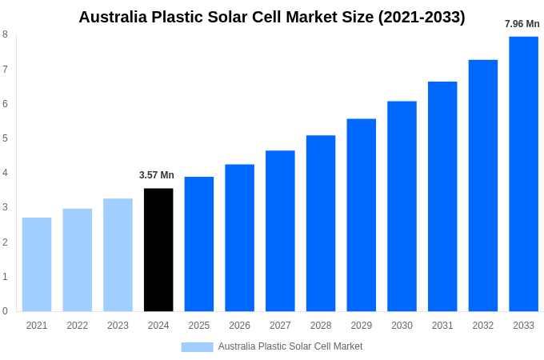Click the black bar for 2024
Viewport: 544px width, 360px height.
click(158, 250)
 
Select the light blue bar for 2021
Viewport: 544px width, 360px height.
click(37, 264)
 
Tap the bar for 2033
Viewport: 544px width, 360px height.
click(523, 174)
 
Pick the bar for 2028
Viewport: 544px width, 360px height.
click(321, 223)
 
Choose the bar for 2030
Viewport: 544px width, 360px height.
click(402, 206)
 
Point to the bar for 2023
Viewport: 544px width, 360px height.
click(118, 254)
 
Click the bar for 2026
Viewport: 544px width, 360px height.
click(239, 238)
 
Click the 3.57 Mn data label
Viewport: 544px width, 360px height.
click(157, 175)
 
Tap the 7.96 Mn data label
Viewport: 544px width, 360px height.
click(522, 24)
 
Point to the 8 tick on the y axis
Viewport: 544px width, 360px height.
click(5, 34)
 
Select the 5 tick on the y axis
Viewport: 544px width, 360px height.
click(5, 138)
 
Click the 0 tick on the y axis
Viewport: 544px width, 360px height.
click(5, 311)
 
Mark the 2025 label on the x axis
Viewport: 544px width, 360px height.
click(199, 326)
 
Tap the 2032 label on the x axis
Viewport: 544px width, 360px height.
click(482, 326)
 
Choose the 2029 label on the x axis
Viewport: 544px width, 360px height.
click(361, 326)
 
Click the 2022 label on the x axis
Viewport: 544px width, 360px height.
click(78, 326)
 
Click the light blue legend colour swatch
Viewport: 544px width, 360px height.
click(197, 346)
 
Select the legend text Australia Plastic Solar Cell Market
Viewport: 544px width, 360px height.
click(290, 346)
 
